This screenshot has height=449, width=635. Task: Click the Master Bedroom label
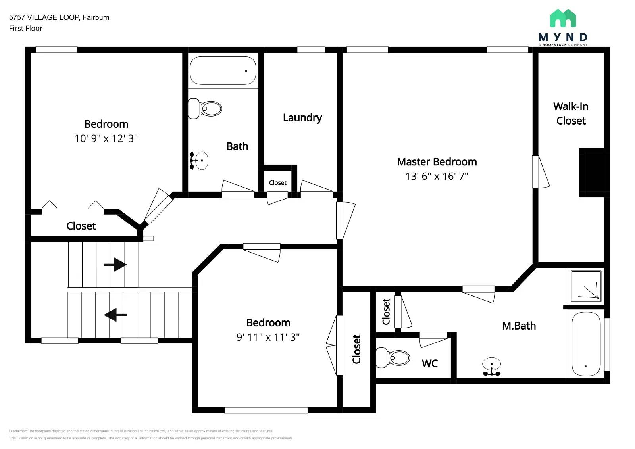437,162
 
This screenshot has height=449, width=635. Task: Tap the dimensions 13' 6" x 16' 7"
437,176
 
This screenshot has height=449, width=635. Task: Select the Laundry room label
302,118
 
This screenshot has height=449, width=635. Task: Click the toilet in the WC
393,357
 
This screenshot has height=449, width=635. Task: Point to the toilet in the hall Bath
205,108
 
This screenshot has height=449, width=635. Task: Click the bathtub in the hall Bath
223,71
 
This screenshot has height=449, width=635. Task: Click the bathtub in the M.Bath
586,343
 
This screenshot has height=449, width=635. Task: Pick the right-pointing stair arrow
115,265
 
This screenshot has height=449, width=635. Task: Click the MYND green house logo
563,18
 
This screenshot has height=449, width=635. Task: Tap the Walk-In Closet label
571,113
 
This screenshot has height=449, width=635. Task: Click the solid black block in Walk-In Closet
591,173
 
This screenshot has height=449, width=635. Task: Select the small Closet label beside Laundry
277,183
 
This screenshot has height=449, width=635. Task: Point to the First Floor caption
26,28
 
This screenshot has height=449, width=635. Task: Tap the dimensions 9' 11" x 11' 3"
268,337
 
